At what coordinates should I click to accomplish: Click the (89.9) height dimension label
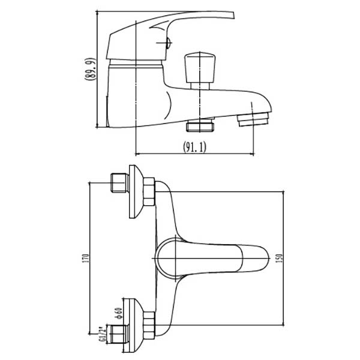[90, 69]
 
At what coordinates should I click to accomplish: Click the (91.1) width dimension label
[194, 147]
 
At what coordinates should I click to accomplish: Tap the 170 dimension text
[86, 258]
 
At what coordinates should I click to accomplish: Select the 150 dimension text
[280, 258]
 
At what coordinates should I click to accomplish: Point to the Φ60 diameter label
[119, 313]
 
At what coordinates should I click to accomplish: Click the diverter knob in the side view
[200, 71]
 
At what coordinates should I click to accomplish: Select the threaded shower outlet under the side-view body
[200, 125]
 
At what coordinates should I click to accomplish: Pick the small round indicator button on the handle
[169, 43]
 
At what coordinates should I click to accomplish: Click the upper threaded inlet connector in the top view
[119, 182]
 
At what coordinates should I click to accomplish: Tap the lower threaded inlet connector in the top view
[118, 334]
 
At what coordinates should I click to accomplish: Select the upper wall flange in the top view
[136, 191]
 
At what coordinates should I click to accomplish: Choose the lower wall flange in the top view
[134, 325]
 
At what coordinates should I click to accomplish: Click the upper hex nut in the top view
[149, 192]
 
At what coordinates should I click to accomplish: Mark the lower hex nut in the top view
[149, 325]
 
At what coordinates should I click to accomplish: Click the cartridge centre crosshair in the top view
[176, 259]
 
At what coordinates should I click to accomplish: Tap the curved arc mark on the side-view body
[169, 106]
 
